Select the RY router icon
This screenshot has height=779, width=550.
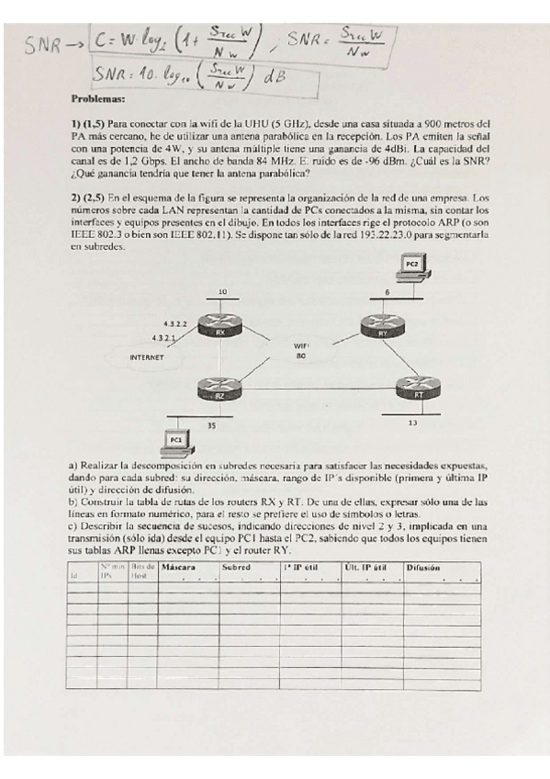(377, 328)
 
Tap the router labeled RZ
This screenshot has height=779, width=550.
(219, 392)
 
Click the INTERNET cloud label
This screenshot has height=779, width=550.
(147, 357)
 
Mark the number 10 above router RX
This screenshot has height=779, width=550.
(222, 292)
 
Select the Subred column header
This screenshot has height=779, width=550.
(236, 568)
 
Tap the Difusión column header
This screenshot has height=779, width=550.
(423, 568)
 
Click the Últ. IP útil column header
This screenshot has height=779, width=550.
(367, 568)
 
